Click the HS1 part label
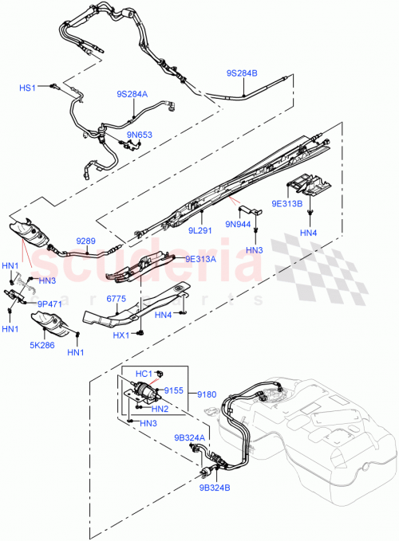28,88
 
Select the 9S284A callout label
132,93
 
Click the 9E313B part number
286,202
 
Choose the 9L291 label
202,230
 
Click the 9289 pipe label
86,239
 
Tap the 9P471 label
49,303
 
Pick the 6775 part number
117,299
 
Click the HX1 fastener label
121,335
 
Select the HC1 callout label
144,373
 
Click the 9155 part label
174,391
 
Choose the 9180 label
207,394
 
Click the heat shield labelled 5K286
52,327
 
